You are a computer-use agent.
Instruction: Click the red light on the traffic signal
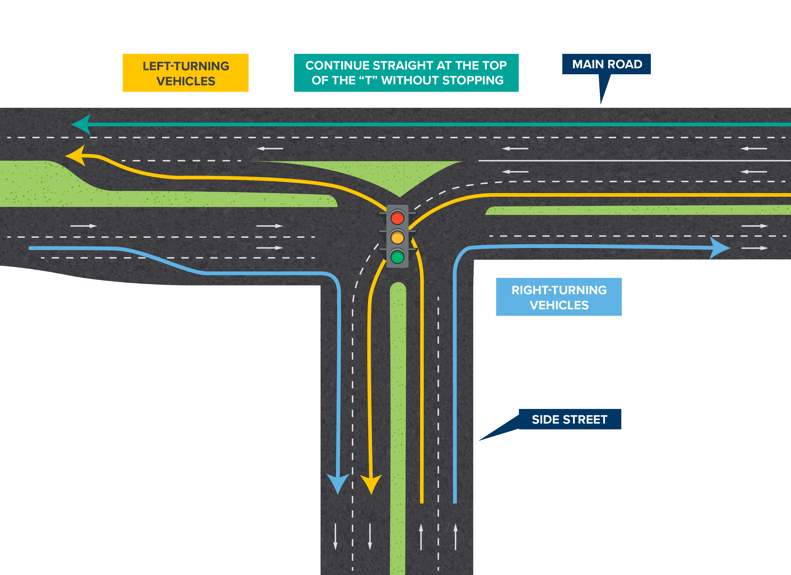click(x=397, y=218)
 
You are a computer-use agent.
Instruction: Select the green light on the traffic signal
click(x=397, y=257)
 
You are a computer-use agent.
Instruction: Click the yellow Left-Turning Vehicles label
click(x=186, y=73)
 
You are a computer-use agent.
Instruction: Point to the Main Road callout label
click(x=606, y=64)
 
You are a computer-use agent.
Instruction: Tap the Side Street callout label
click(x=570, y=419)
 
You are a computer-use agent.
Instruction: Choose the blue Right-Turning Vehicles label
click(x=559, y=297)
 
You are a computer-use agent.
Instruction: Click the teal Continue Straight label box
click(x=406, y=73)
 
